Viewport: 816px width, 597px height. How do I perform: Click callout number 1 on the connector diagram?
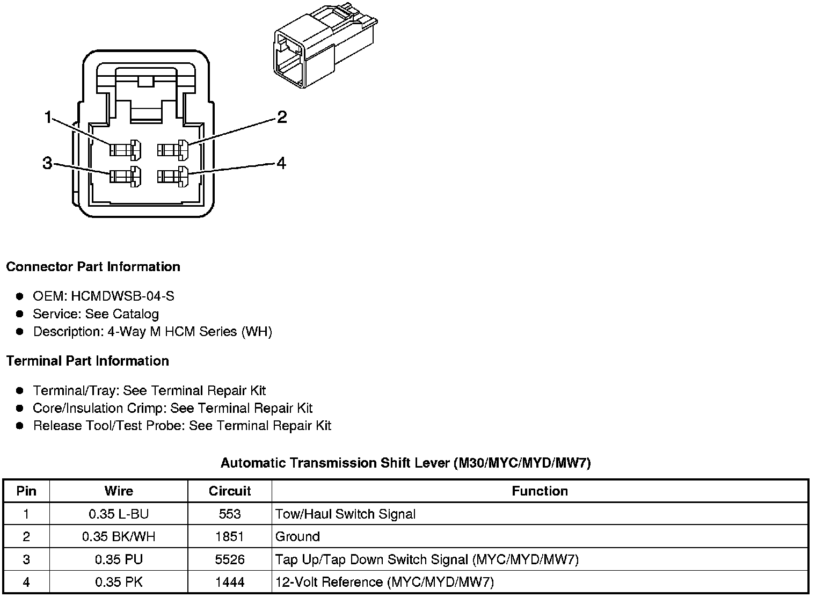48,117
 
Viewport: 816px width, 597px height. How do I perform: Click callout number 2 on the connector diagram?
282,117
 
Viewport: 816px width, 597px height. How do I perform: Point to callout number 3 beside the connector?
47,163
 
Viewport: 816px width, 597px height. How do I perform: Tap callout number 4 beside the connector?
281,163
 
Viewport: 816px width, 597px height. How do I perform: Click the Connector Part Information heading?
93,267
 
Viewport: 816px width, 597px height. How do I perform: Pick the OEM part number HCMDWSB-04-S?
122,296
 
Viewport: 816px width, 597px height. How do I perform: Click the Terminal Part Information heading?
88,361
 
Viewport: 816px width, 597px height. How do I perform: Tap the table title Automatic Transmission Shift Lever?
405,463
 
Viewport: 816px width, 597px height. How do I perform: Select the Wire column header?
119,491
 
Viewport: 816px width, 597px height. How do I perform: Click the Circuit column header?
230,491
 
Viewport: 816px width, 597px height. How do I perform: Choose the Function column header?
540,491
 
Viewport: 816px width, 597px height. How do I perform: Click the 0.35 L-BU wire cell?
119,514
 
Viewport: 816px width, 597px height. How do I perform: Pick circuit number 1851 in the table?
230,537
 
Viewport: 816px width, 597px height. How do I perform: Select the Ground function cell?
297,537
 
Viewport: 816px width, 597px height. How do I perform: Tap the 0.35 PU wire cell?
119,559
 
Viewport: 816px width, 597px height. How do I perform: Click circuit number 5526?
230,559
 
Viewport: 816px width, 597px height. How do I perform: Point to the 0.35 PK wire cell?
119,582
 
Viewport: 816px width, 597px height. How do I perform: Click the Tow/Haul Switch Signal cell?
345,514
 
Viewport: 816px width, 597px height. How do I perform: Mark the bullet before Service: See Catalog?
20,314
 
